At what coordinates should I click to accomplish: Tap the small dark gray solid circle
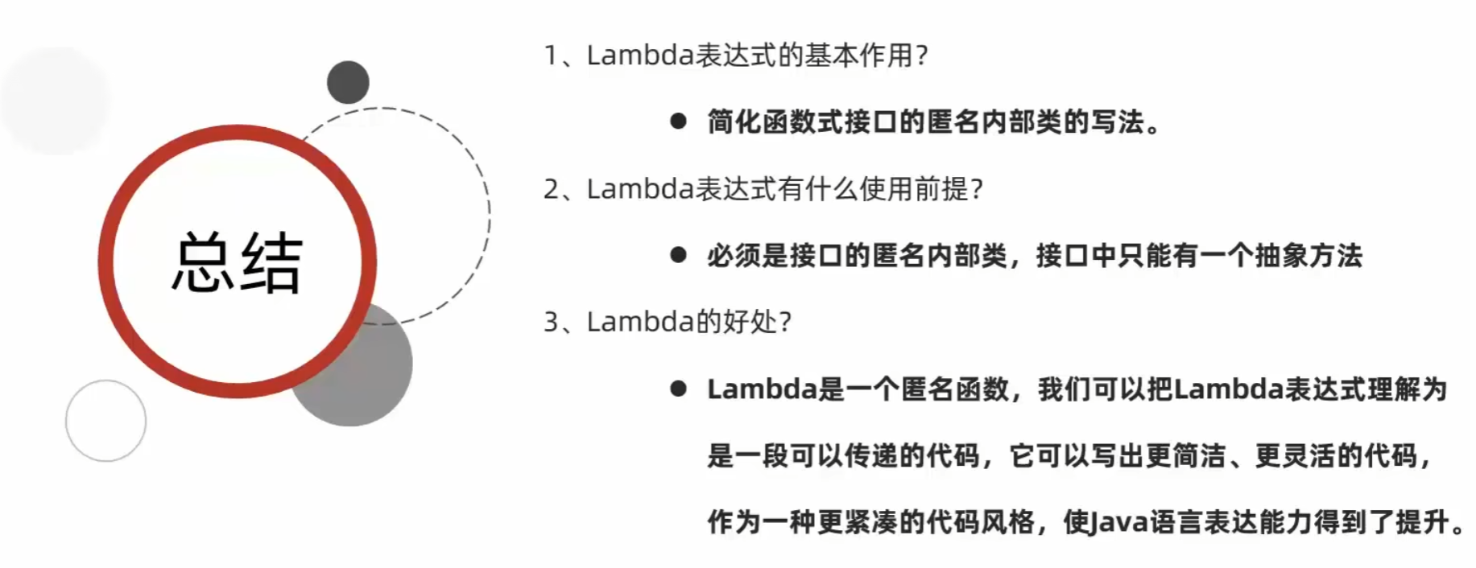(x=348, y=82)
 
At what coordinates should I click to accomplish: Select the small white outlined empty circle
(x=105, y=421)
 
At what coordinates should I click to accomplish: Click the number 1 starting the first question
(x=551, y=56)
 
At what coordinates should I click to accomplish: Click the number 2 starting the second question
(x=551, y=189)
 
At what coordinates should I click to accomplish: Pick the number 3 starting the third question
(x=551, y=322)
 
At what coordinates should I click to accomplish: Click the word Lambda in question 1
(x=640, y=56)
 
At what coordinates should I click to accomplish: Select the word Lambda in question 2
(x=640, y=189)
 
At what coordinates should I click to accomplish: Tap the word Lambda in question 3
(x=640, y=322)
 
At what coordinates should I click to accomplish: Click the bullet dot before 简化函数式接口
(x=678, y=121)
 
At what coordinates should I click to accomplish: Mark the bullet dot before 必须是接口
(x=678, y=256)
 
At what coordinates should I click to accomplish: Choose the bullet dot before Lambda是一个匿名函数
(x=678, y=389)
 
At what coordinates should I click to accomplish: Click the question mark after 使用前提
(x=977, y=189)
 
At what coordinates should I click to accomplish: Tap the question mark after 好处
(x=785, y=322)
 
